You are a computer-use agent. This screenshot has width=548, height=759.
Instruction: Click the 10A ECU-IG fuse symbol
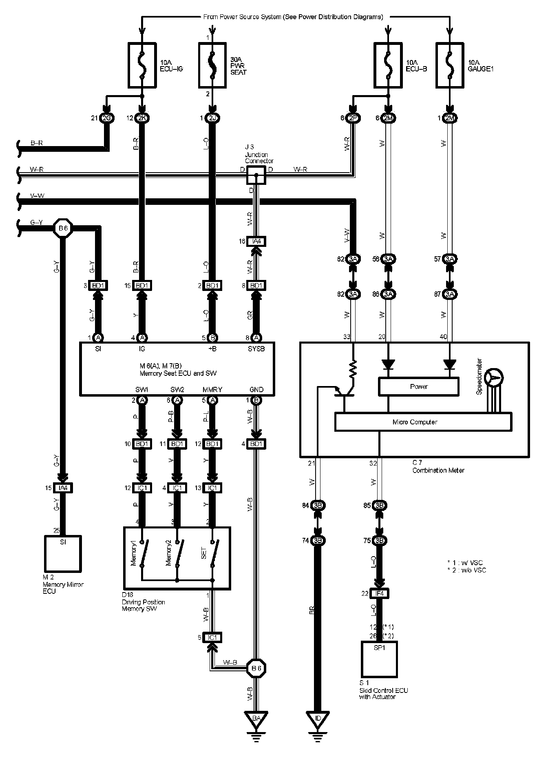pyautogui.click(x=142, y=65)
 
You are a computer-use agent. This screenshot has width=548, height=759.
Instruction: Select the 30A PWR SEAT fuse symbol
pyautogui.click(x=212, y=65)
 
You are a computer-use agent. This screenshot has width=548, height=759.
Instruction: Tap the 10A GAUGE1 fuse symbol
pyautogui.click(x=450, y=65)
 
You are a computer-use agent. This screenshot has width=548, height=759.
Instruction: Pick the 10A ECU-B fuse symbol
pyautogui.click(x=388, y=65)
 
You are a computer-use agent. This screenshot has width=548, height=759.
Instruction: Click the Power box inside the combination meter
pyautogui.click(x=418, y=386)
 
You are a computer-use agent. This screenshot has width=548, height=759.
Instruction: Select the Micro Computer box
pyautogui.click(x=423, y=422)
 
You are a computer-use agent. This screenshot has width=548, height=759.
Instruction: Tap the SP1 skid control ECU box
pyautogui.click(x=379, y=659)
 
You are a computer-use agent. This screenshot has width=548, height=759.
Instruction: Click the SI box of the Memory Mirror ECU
pyautogui.click(x=62, y=553)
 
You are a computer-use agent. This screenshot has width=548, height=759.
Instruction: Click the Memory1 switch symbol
pyautogui.click(x=143, y=553)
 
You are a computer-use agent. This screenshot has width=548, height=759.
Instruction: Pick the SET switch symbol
pyautogui.click(x=213, y=553)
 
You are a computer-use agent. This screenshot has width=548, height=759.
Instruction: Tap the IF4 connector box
pyautogui.click(x=379, y=594)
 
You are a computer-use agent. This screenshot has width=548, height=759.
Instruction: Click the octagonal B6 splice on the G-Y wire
pyautogui.click(x=63, y=229)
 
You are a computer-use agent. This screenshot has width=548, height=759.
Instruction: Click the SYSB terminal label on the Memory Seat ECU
pyautogui.click(x=256, y=349)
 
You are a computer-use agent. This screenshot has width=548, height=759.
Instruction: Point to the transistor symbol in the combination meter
pyautogui.click(x=342, y=391)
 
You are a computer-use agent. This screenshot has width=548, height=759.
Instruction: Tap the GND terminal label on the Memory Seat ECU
pyautogui.click(x=256, y=390)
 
